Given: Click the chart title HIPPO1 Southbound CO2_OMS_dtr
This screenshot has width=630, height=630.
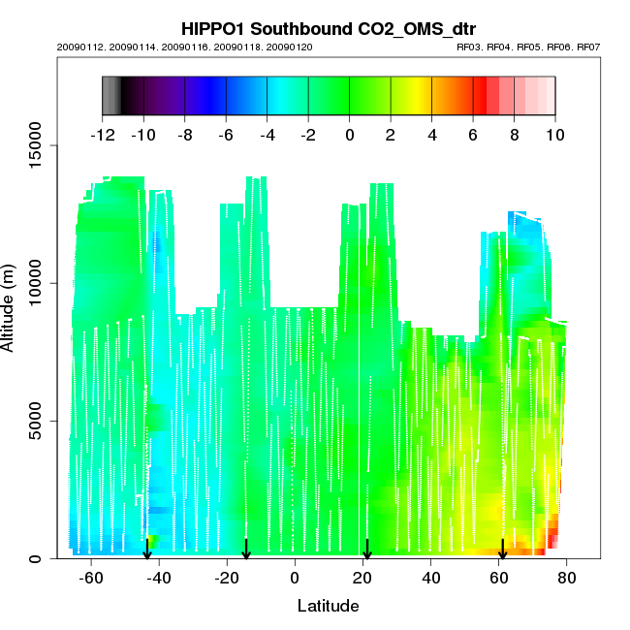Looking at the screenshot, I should (x=328, y=28).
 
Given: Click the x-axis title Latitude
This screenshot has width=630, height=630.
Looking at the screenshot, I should (x=328, y=606).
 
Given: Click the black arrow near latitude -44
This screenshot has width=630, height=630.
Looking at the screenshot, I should (x=146, y=551).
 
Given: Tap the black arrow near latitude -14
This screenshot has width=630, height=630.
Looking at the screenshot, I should (x=246, y=551).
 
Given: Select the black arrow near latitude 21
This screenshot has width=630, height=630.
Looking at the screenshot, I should (x=367, y=551).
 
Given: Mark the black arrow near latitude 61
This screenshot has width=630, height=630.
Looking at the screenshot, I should (x=502, y=551).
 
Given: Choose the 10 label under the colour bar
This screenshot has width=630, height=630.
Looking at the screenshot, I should (x=554, y=135).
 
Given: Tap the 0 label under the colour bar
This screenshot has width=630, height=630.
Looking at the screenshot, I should (x=349, y=135).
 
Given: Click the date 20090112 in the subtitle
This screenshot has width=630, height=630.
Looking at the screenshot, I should (x=76, y=47).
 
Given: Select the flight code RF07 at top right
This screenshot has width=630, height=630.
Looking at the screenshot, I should (x=585, y=47).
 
